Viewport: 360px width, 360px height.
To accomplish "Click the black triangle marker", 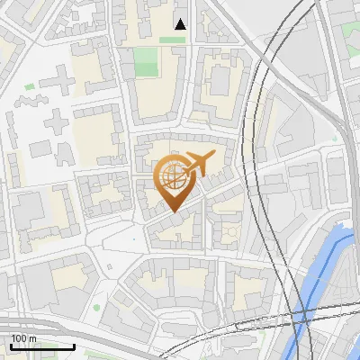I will click(x=180, y=23).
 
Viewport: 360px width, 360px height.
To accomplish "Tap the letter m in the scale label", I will click(x=33, y=338).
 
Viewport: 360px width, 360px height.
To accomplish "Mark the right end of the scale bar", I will click(x=74, y=346).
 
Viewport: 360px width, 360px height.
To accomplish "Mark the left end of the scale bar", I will click(x=11, y=346).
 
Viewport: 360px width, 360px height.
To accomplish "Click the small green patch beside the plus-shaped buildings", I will click(x=29, y=87).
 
